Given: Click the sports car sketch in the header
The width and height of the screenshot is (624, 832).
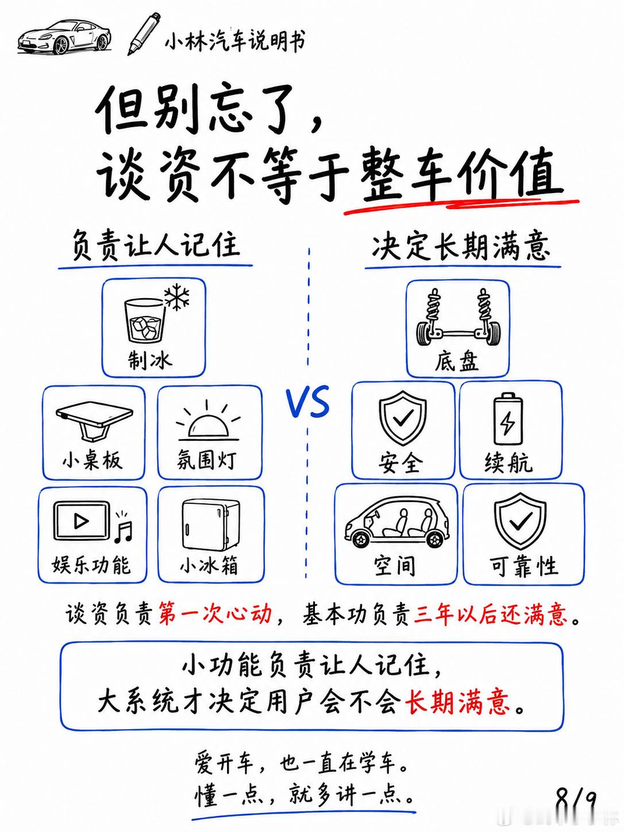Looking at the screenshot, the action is tap(64, 37).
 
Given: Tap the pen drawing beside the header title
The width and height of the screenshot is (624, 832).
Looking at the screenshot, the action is tap(144, 33).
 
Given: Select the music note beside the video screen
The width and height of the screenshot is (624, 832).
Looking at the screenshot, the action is tap(124, 526).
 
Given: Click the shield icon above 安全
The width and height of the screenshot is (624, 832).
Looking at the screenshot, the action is tap(403, 419).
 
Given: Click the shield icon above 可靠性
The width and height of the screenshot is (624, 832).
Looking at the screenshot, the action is tap(521, 521).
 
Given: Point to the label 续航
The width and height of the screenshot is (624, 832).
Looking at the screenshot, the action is tap(508, 463).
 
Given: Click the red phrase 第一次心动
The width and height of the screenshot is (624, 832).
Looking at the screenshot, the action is tap(215, 613).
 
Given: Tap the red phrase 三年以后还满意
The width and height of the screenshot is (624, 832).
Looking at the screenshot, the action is tap(491, 614).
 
